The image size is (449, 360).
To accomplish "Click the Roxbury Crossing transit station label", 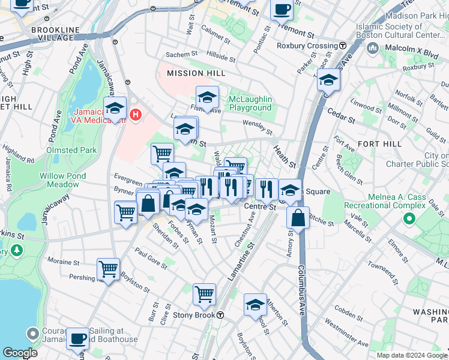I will tap(307, 46).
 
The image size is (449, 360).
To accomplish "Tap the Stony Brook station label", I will tap(193, 314).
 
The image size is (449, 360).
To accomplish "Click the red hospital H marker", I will tap(136, 113).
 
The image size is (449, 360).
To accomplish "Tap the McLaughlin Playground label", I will tap(250, 103).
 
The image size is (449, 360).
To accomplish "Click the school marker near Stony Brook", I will tap(255, 305).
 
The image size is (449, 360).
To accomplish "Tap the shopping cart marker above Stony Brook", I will tap(205, 295).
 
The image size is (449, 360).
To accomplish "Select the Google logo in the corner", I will tap(20, 353).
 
